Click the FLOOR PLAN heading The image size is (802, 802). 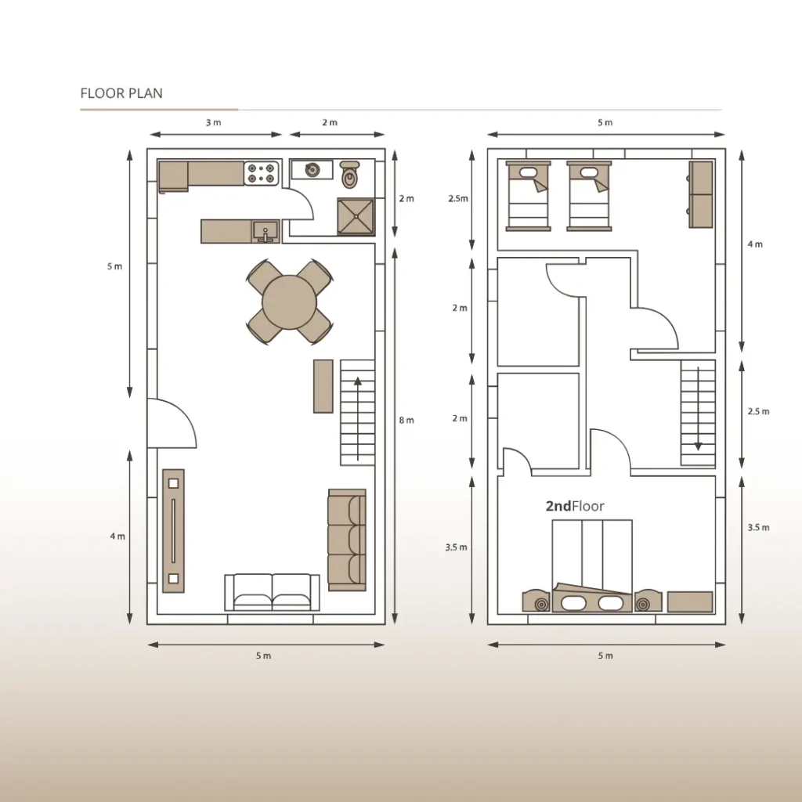[121, 93]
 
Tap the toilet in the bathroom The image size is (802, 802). [349, 175]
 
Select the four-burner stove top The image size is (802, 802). [262, 173]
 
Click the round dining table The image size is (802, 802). [289, 302]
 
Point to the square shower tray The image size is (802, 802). [356, 216]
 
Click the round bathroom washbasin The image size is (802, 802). [312, 169]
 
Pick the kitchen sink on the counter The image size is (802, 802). [266, 231]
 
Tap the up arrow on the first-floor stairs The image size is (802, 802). [357, 419]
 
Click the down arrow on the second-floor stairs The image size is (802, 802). [698, 408]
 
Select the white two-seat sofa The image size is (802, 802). [272, 592]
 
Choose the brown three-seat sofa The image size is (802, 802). [347, 540]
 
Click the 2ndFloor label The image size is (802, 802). [575, 506]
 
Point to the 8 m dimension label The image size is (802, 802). [406, 420]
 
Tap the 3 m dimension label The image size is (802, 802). [214, 122]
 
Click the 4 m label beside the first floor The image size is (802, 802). [117, 536]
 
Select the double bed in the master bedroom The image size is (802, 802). [592, 566]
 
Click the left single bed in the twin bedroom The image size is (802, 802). [529, 196]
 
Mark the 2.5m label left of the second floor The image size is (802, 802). [458, 198]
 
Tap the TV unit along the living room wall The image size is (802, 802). [173, 531]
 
